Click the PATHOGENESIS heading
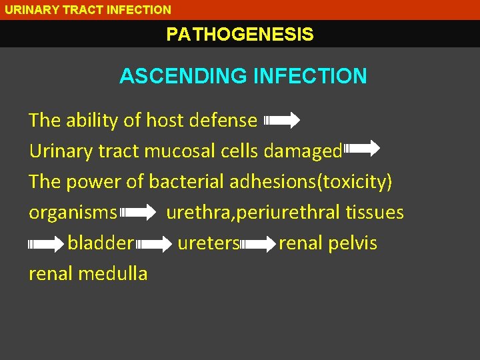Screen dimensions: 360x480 pos(240,34)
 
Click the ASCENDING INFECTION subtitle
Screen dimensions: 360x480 pos(243,76)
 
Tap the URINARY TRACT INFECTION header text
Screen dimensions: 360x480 pos(88,9)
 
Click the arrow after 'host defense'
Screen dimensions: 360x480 pos(282,121)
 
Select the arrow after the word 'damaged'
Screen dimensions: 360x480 pos(361,148)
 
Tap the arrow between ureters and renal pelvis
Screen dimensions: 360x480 pos(259,244)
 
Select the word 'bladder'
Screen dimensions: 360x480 pos(101,243)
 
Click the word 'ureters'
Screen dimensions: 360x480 pos(208,243)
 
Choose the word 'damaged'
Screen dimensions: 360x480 pos(303,151)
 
